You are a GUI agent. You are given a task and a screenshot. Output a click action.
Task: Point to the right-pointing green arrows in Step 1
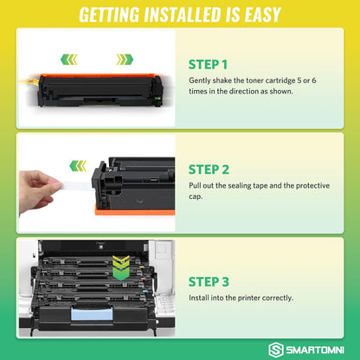125,60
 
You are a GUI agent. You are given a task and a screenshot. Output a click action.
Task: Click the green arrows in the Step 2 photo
79,164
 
